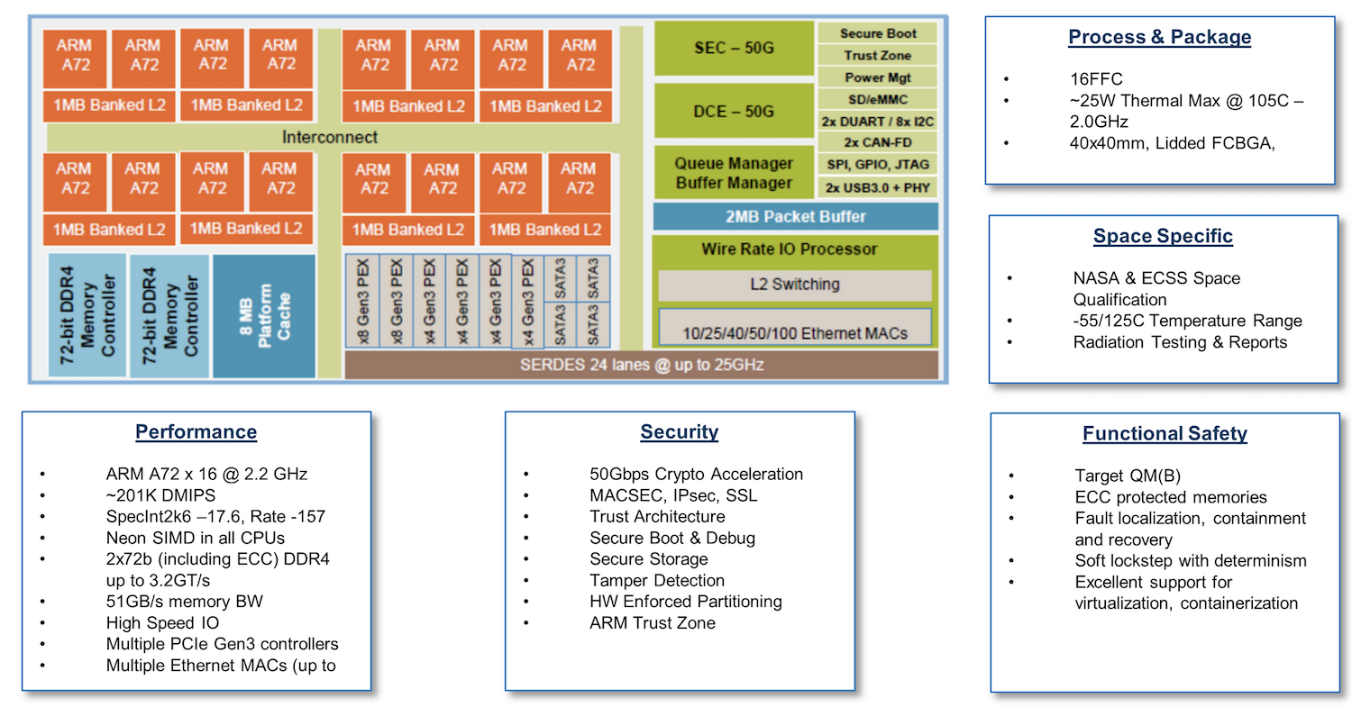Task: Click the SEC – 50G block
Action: (x=734, y=49)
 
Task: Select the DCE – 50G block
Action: (x=734, y=112)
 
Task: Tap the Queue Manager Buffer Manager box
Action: (x=734, y=173)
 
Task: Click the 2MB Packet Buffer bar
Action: (x=795, y=216)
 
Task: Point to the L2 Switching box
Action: (x=794, y=285)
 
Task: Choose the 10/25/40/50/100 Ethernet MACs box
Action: (x=794, y=332)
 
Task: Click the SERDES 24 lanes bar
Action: (x=641, y=365)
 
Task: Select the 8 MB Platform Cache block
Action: (x=265, y=315)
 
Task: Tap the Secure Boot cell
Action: (x=877, y=33)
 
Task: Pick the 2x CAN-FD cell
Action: (x=877, y=142)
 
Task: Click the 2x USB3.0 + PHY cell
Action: (x=877, y=187)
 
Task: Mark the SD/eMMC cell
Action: (x=877, y=99)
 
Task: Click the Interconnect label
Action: (x=330, y=137)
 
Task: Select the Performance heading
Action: (x=196, y=432)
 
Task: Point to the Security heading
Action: (x=679, y=432)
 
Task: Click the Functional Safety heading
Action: (x=1165, y=434)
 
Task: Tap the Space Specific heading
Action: (x=1163, y=237)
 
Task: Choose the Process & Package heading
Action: (x=1159, y=37)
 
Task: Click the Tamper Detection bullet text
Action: (x=656, y=581)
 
